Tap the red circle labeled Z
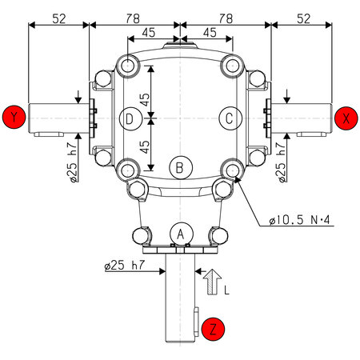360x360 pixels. point(214,328)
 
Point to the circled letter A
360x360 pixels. point(181,233)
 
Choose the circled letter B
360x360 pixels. point(181,167)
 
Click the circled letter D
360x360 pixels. point(130,118)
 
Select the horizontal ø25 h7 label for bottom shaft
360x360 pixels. point(130,265)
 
